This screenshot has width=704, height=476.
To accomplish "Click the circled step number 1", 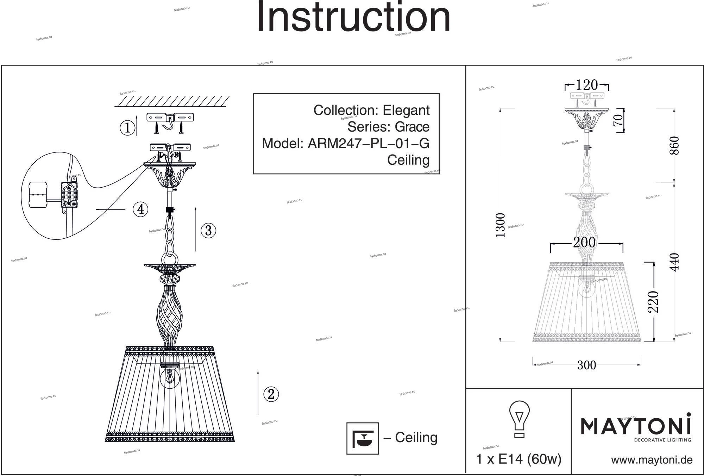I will [127, 128].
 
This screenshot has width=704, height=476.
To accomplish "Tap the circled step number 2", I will [271, 394].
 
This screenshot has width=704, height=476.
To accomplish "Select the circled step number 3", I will [208, 231].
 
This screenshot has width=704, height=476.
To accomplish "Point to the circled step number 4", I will [140, 209].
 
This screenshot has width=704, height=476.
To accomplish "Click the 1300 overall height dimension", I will [500, 225].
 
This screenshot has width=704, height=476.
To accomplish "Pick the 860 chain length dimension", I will [674, 145].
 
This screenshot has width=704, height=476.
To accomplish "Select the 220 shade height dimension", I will [653, 302].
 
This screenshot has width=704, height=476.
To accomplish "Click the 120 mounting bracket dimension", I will [586, 85].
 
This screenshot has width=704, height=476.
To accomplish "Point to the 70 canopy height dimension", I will [618, 120].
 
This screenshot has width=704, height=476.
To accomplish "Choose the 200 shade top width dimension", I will [584, 243].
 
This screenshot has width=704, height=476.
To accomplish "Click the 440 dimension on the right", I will [674, 262].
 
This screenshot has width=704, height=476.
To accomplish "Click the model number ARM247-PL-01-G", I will [369, 144].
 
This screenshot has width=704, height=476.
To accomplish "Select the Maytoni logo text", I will [635, 426].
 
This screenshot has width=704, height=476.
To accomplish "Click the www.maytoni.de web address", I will [652, 460].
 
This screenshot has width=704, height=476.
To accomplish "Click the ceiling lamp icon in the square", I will [363, 438].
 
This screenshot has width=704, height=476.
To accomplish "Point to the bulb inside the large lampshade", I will [169, 377].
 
